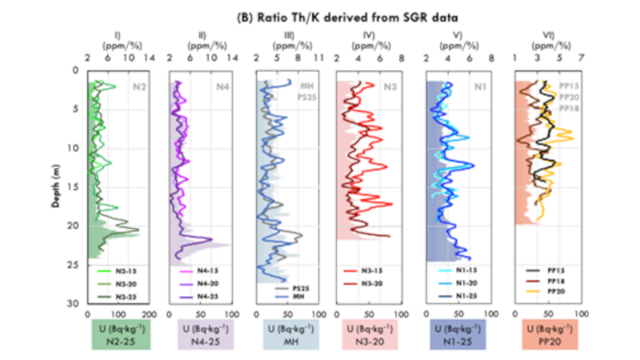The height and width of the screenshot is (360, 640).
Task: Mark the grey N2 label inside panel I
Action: click(x=138, y=87)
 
